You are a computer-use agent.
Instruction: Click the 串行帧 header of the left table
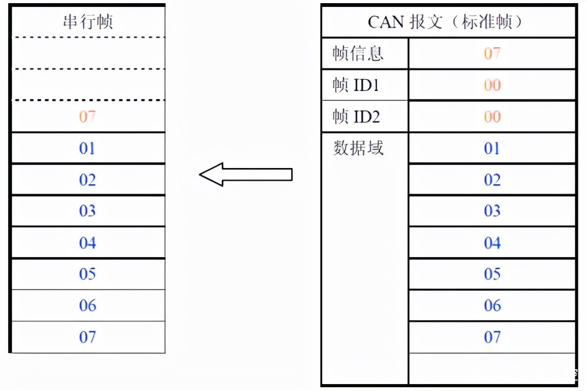[88, 22]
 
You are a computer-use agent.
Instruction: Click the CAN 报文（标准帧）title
[445, 22]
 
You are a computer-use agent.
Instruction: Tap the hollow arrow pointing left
[246, 174]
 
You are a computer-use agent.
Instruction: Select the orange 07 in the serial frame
[87, 116]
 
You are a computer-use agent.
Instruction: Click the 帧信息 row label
[358, 53]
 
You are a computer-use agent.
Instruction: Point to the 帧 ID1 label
[356, 85]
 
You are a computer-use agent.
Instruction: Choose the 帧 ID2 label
[356, 116]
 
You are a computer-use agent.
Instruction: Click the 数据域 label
[358, 148]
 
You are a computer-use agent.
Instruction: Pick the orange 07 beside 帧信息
[492, 54]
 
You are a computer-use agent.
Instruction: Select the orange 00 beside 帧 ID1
[492, 85]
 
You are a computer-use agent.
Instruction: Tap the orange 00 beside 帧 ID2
[492, 116]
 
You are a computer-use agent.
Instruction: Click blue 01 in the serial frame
[87, 149]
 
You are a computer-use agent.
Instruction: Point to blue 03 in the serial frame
[87, 211]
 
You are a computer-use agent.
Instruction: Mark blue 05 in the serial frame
[87, 275]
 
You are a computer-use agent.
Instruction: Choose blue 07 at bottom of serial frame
[87, 337]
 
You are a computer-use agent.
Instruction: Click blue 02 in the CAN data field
[492, 180]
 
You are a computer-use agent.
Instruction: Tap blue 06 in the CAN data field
[492, 306]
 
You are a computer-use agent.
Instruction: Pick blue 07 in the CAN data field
[492, 337]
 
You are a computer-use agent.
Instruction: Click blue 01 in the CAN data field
[492, 149]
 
